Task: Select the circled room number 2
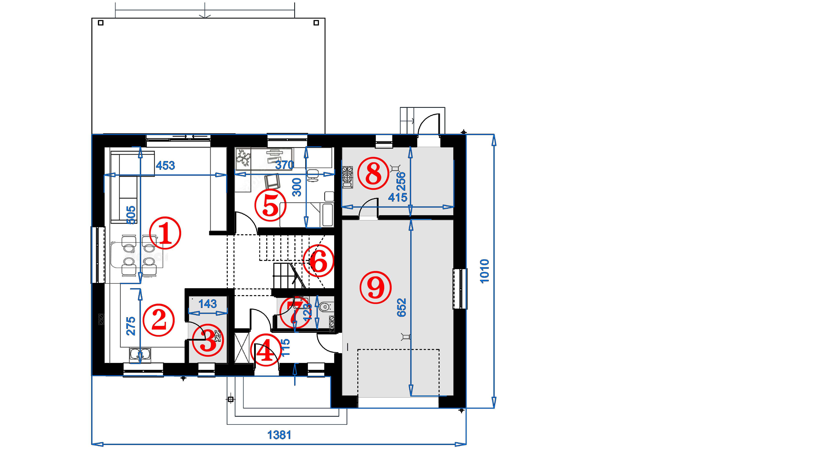pyautogui.click(x=158, y=320)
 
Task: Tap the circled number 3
pyautogui.click(x=208, y=340)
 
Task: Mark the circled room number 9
pyautogui.click(x=376, y=287)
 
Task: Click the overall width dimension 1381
pyautogui.click(x=279, y=435)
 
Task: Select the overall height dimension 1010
pyautogui.click(x=484, y=271)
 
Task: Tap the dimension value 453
pyautogui.click(x=165, y=165)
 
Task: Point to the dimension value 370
pyautogui.click(x=284, y=165)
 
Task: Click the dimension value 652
pyautogui.click(x=401, y=308)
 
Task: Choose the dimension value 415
pyautogui.click(x=397, y=197)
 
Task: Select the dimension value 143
pyautogui.click(x=207, y=304)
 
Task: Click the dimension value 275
pyautogui.click(x=131, y=326)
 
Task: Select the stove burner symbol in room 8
pyautogui.click(x=347, y=177)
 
